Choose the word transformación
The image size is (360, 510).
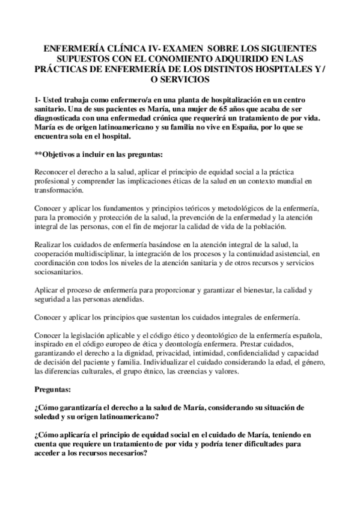coord(60,191)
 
